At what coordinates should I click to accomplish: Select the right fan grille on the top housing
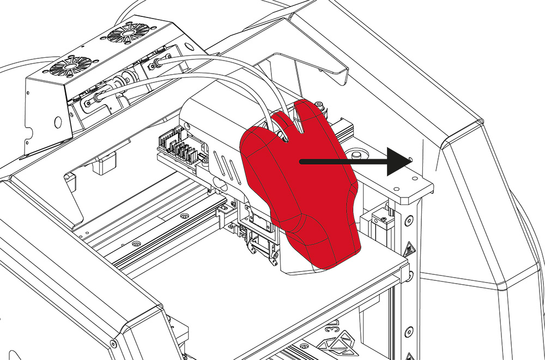tap(124, 35)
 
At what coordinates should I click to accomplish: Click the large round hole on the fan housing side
tap(57, 122)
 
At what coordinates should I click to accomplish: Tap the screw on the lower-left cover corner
tap(113, 344)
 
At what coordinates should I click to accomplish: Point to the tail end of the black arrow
tap(301, 161)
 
